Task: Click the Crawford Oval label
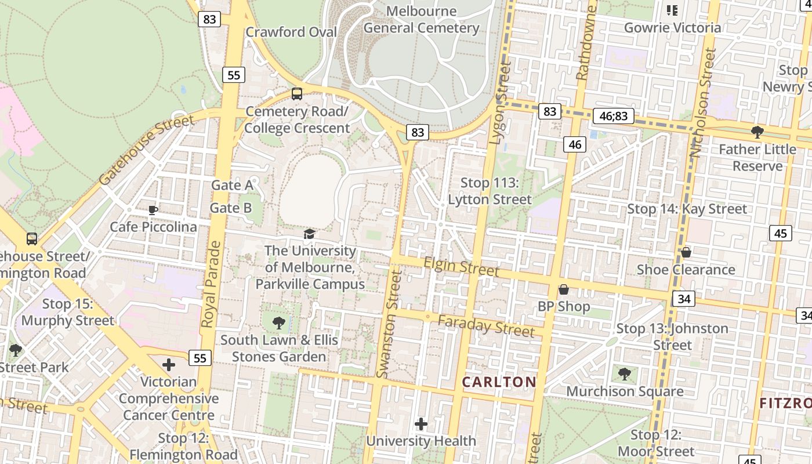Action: (x=291, y=32)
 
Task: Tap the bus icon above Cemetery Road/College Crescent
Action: (x=297, y=93)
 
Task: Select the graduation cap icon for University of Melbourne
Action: (x=310, y=234)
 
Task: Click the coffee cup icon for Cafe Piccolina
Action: (x=153, y=210)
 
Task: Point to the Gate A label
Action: (x=231, y=185)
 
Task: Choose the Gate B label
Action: (x=230, y=208)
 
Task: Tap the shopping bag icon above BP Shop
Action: (x=563, y=289)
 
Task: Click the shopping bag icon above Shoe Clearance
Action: (x=686, y=252)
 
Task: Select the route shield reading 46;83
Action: (x=613, y=116)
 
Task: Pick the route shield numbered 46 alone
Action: (x=575, y=144)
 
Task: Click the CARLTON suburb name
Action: (x=499, y=382)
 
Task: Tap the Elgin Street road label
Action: (x=461, y=267)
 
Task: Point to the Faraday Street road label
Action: (x=485, y=327)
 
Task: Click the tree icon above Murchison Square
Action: (x=624, y=374)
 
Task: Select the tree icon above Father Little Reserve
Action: (x=757, y=132)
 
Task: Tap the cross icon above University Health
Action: (x=421, y=424)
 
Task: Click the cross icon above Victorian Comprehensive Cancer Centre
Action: (x=169, y=365)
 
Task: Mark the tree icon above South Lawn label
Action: (x=278, y=322)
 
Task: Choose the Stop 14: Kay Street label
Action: (x=687, y=209)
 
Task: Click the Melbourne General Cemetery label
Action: (x=421, y=20)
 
